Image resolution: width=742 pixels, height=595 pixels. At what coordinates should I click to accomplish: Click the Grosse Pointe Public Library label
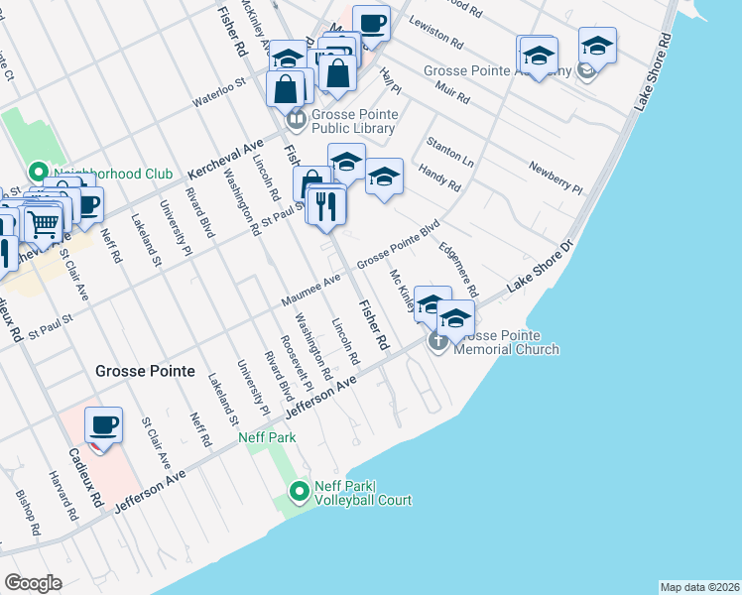coord(354,121)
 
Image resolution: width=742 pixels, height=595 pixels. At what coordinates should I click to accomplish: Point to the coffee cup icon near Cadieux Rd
coord(104,425)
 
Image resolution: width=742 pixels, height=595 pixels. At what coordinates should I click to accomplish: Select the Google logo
coord(34,583)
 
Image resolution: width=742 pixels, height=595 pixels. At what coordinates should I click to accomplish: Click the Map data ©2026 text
coord(700,587)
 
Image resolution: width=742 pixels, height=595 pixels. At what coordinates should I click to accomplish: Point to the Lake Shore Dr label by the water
coord(541,267)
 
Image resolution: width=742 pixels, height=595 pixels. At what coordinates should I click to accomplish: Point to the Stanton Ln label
coord(449,151)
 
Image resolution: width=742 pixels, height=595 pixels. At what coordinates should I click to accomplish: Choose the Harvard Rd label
coord(62,496)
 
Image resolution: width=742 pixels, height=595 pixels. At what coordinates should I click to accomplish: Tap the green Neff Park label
coord(260,436)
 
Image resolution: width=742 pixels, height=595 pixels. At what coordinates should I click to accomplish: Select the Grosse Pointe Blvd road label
coord(398,243)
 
